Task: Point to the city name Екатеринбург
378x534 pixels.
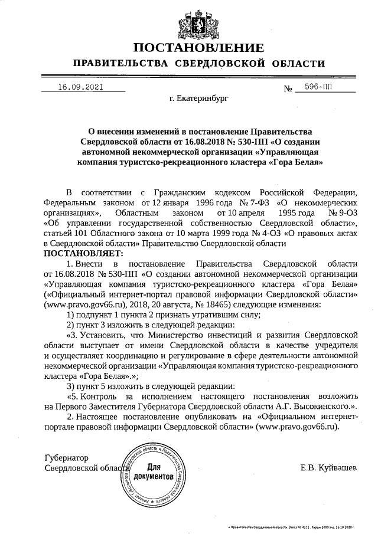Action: click(x=198, y=100)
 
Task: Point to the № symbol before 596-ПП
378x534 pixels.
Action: click(x=289, y=89)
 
